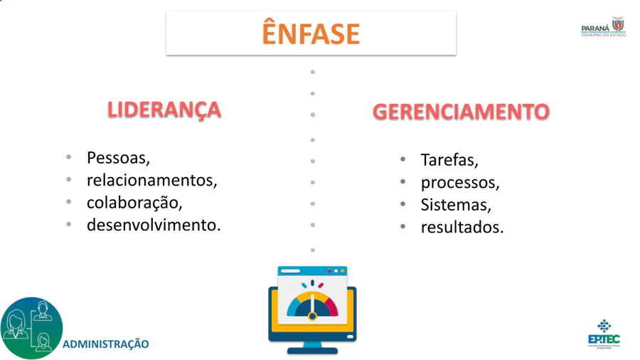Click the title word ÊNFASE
coord(311,33)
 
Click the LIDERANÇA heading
coord(164,110)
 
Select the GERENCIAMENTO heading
coord(461,112)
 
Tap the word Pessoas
coord(118,157)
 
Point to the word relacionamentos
coord(152,180)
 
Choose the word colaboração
coord(134,202)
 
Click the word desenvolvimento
coord(154,225)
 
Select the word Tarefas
coord(449,159)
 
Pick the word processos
coord(460,182)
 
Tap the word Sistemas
coord(456,205)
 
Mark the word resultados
coord(462,228)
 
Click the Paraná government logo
coord(604,27)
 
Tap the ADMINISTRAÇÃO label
coord(106,344)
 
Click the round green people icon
coord(32,328)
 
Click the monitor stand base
coord(311,349)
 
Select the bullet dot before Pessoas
coord(69,157)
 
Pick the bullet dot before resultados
coord(402,228)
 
